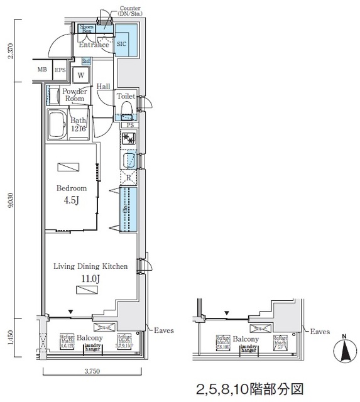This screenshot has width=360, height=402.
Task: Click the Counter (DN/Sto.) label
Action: [x=130, y=11]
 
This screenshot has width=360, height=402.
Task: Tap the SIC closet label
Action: [x=123, y=45]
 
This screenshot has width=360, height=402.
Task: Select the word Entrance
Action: [x=94, y=45]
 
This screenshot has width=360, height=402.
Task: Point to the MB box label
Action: [x=41, y=70]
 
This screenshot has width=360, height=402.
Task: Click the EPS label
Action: [x=60, y=70]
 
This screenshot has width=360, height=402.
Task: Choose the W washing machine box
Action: [x=81, y=75]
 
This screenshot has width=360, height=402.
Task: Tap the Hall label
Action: [x=104, y=87]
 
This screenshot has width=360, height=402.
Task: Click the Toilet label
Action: [x=126, y=96]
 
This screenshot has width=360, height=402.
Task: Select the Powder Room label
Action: [x=74, y=95]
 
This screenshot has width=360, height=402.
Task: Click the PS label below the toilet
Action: [x=129, y=125]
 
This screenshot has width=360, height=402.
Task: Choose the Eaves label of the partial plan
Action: [x=320, y=331]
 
